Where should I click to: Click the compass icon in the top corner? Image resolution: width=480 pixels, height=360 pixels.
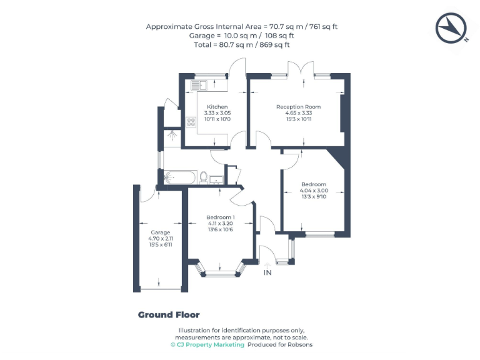tap(451, 28)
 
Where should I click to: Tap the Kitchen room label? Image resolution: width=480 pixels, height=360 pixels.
tap(217, 107)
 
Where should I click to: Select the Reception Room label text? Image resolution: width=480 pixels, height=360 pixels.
tap(298, 107)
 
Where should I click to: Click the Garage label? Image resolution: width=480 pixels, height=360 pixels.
tap(160, 232)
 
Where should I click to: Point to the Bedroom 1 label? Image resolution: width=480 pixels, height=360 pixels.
tap(220, 217)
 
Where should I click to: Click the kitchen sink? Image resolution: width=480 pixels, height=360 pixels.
tap(198, 84)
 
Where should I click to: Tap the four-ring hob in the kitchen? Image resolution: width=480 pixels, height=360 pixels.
tap(189, 122)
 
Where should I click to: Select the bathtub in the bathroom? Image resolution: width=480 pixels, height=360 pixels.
tap(179, 177)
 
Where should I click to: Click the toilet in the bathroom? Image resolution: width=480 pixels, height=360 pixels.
tap(203, 177)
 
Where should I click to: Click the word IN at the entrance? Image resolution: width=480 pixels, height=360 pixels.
tap(267, 273)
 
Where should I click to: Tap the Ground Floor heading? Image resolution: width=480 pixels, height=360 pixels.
tap(169, 315)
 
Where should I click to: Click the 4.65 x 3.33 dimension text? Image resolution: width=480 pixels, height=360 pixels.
tap(298, 113)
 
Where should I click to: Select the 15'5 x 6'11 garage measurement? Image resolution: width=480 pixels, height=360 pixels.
tap(160, 244)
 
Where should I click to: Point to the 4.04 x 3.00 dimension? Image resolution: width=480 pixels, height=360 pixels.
tap(313, 191)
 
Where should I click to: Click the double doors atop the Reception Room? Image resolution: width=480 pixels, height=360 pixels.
tap(299, 69)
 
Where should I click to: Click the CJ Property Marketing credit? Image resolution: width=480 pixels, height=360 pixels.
tap(207, 344)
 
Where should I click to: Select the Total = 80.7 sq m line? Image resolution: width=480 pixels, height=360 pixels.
tap(242, 45)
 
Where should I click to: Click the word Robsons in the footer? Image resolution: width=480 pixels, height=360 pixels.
tap(299, 344)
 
